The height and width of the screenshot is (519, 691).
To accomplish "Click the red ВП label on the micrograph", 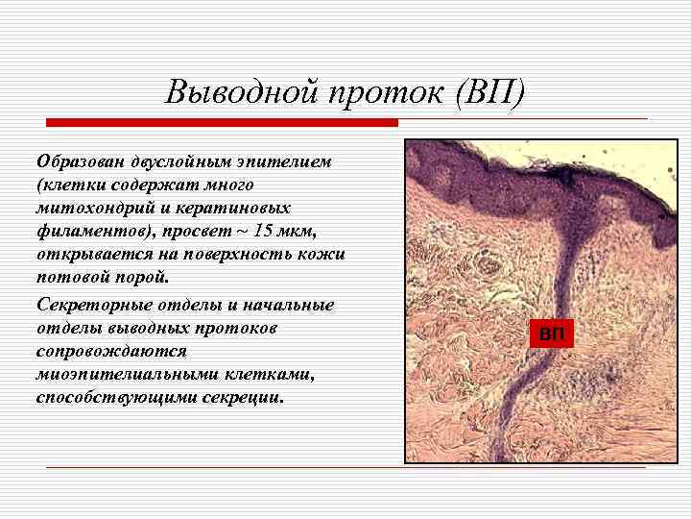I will [x=551, y=334].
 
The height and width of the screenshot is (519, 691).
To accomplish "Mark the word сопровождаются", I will [x=105, y=352].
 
